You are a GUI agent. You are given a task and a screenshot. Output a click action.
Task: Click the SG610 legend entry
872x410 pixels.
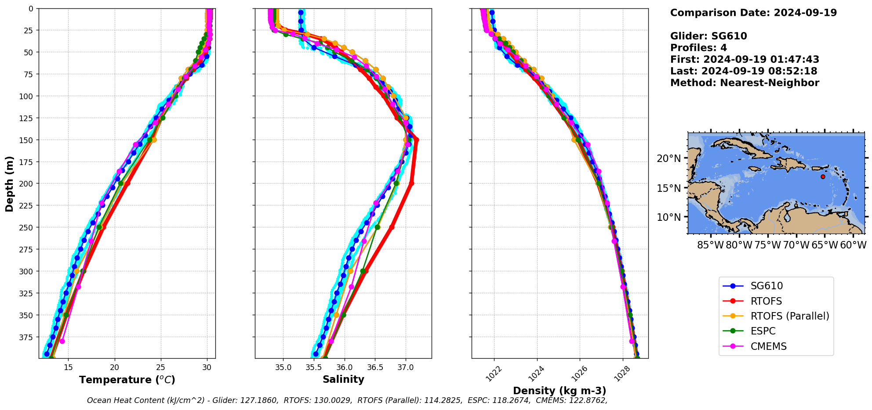767,286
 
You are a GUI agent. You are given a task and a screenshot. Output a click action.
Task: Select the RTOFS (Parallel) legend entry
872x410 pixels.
789,316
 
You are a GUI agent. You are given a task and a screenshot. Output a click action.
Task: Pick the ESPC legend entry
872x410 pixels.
763,331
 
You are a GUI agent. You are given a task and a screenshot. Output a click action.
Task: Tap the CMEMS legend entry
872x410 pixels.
768,346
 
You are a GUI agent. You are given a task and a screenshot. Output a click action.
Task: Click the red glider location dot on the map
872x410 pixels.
823,177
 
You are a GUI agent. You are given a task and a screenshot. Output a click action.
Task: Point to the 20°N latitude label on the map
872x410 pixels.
669,158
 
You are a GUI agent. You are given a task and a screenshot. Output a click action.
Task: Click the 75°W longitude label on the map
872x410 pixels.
767,245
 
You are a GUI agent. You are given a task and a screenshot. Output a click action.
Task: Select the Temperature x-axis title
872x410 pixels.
127,380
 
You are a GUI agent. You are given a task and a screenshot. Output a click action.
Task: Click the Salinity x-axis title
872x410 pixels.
343,380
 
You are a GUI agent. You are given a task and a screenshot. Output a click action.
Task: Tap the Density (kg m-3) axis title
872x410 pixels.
560,391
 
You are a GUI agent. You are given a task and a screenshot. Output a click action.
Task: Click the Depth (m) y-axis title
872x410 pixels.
10,183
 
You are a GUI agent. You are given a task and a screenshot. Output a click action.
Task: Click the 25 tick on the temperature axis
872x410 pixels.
161,367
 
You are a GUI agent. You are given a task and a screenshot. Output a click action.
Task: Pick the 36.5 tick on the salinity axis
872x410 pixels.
374,367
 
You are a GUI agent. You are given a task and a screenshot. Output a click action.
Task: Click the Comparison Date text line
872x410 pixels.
753,13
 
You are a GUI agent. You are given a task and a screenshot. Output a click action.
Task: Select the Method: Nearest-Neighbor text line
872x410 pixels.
745,83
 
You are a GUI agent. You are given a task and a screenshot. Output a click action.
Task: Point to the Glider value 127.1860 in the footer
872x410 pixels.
261,400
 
